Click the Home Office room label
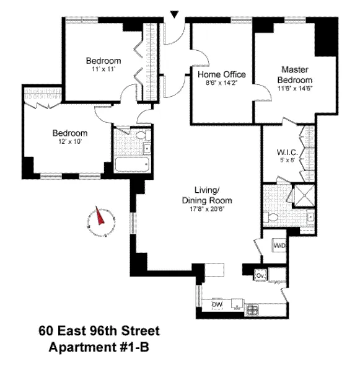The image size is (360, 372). [x=221, y=74]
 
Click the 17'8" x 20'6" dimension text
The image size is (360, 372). [x=206, y=210]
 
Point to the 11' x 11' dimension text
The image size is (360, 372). [x=103, y=69]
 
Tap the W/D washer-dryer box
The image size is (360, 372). [x=279, y=246]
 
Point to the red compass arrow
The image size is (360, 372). [x=100, y=218]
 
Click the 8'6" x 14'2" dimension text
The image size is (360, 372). [x=221, y=82]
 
